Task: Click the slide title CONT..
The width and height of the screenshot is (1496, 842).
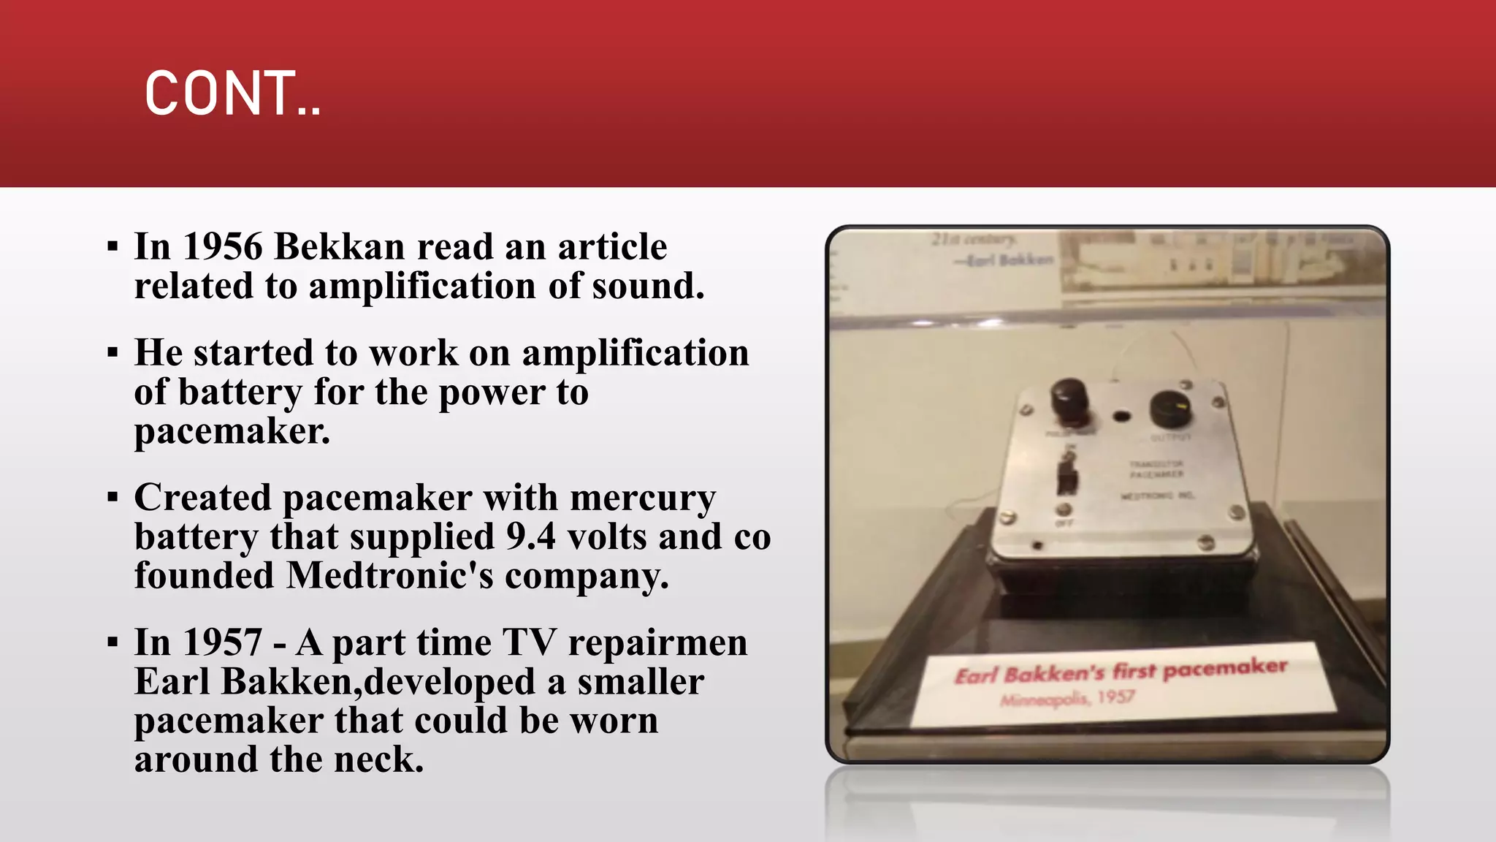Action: click(232, 94)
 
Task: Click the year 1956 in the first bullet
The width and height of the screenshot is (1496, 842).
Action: click(222, 246)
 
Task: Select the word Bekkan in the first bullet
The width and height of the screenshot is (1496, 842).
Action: click(339, 246)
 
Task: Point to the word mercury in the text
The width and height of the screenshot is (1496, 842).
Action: click(643, 498)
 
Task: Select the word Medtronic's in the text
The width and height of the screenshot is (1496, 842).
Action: click(390, 576)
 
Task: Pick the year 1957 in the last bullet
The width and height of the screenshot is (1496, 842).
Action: click(222, 643)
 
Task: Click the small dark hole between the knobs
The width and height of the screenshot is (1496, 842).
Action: click(1121, 417)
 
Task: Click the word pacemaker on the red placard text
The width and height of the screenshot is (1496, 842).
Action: click(1224, 668)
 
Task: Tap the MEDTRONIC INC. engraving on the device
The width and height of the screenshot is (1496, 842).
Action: click(1158, 496)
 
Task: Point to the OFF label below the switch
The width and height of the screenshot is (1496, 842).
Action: click(1064, 523)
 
